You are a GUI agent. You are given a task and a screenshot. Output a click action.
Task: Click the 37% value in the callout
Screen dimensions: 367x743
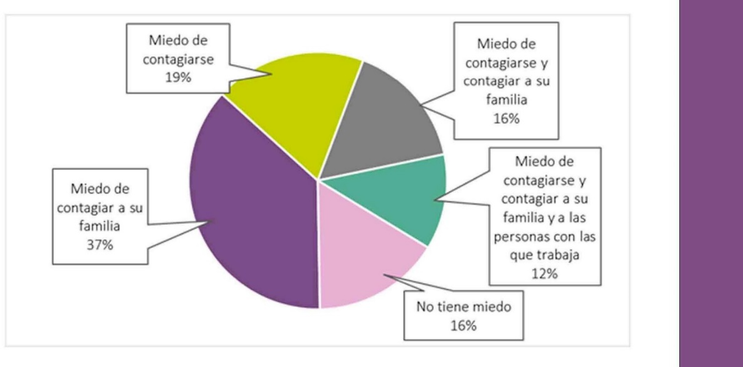(x=99, y=245)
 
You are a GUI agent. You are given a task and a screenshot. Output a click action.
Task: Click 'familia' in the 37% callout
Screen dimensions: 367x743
(x=99, y=227)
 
